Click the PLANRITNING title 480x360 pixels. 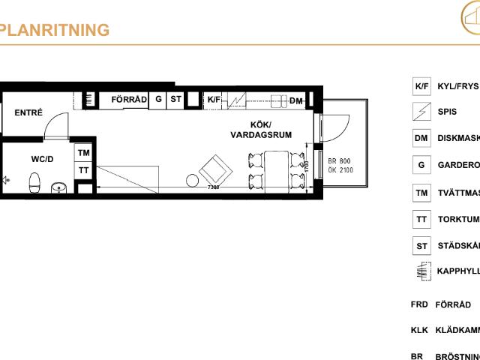click(x=55, y=30)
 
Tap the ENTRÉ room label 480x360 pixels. click(x=28, y=113)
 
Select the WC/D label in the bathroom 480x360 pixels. click(x=42, y=158)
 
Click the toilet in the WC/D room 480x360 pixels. click(x=33, y=181)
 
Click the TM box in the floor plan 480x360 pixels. click(x=84, y=153)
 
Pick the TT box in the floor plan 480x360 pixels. click(x=84, y=170)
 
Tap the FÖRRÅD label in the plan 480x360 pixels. click(x=128, y=99)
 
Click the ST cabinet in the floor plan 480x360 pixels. click(x=175, y=99)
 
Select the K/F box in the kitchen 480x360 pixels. click(x=214, y=99)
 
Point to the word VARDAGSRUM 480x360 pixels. click(x=260, y=135)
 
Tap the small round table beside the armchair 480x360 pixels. click(x=193, y=180)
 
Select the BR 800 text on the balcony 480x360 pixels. click(x=339, y=160)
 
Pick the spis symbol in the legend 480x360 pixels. click(x=421, y=112)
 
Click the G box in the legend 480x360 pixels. click(x=421, y=165)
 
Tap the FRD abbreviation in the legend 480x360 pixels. click(x=418, y=304)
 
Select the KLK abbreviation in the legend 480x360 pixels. click(x=418, y=330)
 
